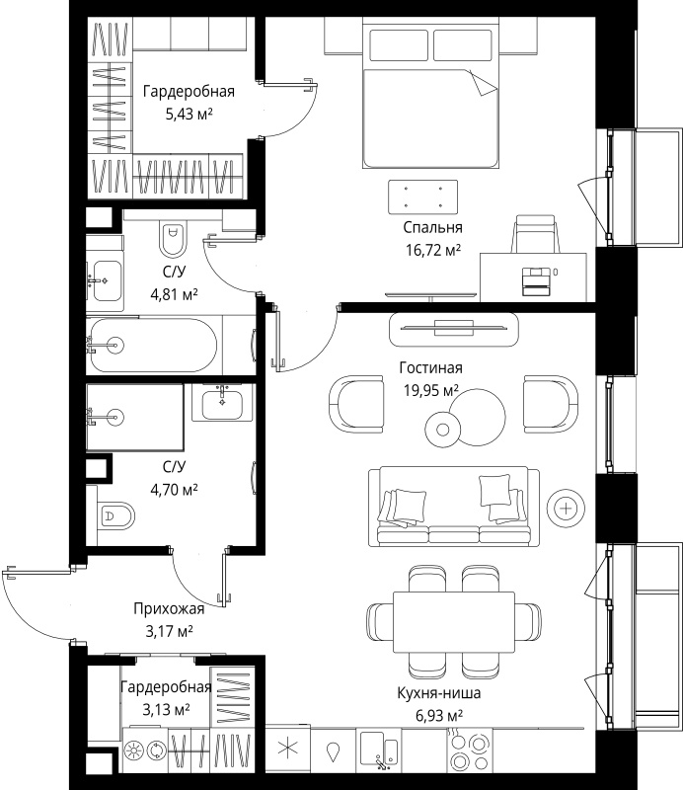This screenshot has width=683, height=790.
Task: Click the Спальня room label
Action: point(432,228)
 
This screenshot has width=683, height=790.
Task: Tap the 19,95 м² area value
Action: point(431,390)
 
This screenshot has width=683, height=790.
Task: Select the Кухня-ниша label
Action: point(438,693)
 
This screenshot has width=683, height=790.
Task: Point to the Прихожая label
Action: point(169,609)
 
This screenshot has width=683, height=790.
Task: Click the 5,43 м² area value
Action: point(189,115)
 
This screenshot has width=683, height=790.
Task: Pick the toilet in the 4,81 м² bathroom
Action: point(173,239)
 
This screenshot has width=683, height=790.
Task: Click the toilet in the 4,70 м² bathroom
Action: point(117,515)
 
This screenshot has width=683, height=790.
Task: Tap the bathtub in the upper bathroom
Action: point(154,346)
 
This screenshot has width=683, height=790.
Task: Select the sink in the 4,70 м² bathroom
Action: point(222,403)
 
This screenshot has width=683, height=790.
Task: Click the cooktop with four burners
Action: point(470,750)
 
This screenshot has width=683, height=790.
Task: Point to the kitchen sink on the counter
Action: point(379,750)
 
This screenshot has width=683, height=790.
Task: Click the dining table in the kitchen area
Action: point(454,622)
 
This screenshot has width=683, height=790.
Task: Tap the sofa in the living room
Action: point(454,507)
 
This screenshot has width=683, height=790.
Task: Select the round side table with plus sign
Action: point(567,509)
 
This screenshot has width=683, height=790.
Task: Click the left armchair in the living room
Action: point(356,404)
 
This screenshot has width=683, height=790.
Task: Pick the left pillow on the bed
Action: point(399,45)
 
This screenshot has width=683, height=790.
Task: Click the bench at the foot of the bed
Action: point(423,197)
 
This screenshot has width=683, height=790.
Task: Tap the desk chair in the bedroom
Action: point(535,234)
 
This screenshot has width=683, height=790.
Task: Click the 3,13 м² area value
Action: point(166,710)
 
